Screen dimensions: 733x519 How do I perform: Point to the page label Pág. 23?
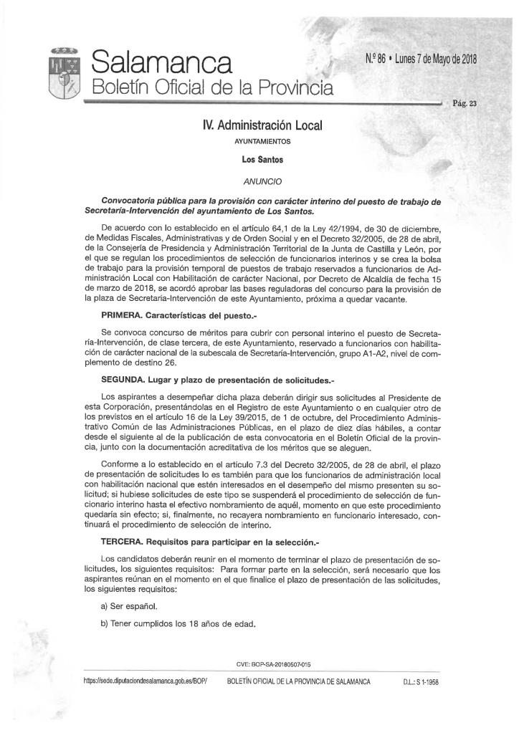465,103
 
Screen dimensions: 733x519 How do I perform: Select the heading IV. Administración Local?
262,126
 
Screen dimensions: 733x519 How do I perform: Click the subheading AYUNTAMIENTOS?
262,142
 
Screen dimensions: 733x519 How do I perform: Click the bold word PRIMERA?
124,315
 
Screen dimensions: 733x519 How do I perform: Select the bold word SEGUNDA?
126,380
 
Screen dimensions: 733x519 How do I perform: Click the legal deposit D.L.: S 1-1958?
421,682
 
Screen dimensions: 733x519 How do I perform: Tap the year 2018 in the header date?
465,58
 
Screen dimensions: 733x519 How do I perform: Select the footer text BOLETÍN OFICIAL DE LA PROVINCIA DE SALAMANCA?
298,682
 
